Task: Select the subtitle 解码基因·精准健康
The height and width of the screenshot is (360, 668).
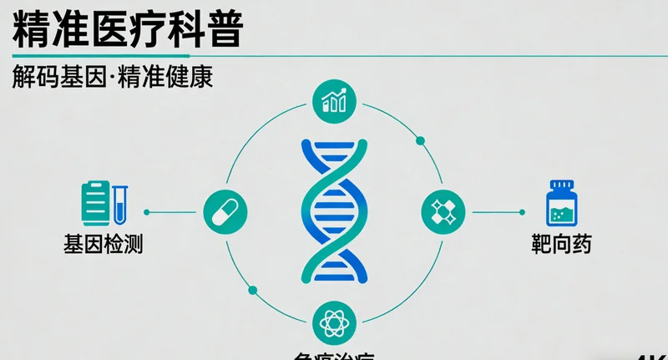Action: pyautogui.click(x=113, y=78)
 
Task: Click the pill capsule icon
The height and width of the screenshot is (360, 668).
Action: pyautogui.click(x=225, y=211)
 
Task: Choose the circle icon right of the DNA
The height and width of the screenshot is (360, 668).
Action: pyautogui.click(x=443, y=211)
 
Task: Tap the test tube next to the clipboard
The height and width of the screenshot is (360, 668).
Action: pyautogui.click(x=120, y=203)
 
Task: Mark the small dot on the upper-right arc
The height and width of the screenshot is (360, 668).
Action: pyautogui.click(x=420, y=140)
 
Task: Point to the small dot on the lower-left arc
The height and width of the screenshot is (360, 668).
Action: pyautogui.click(x=253, y=290)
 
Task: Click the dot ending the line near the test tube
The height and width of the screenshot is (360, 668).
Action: pyautogui.click(x=147, y=212)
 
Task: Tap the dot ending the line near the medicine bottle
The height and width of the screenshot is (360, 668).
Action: pyautogui.click(x=522, y=212)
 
